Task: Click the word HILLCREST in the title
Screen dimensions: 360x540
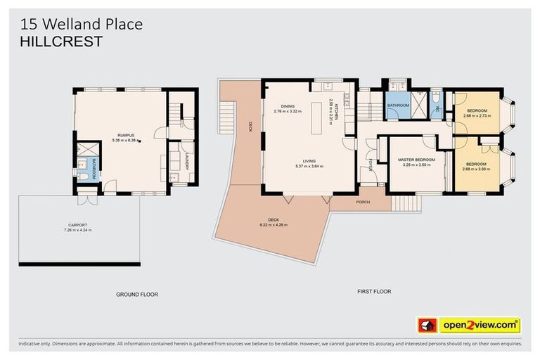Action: click(x=62, y=41)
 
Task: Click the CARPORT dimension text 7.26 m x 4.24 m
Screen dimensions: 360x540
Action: click(x=77, y=230)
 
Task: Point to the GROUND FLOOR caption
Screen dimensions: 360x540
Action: click(x=137, y=295)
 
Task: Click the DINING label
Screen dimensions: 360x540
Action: click(x=287, y=105)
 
